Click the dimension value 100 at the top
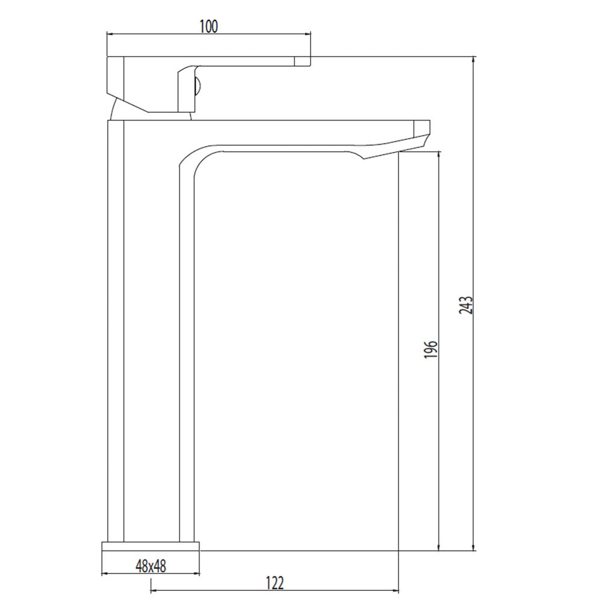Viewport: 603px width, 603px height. pos(208,26)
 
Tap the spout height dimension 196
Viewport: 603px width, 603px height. pos(430,350)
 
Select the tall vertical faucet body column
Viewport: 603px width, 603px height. pos(151,332)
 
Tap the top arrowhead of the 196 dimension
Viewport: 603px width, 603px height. pos(439,156)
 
